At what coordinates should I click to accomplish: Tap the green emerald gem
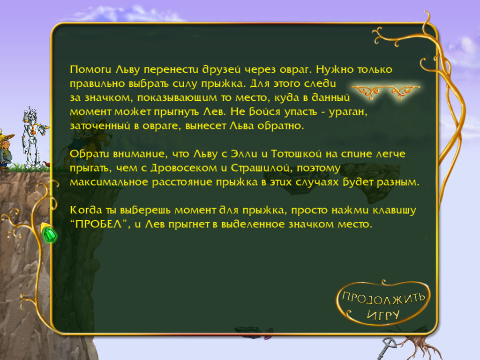49,235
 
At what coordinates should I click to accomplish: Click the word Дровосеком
184,168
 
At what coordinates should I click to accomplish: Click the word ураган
348,112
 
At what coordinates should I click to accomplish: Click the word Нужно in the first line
335,69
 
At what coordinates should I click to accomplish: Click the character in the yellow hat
6,150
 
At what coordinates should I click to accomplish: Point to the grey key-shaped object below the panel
387,347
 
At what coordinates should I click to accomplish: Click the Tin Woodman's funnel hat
30,111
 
